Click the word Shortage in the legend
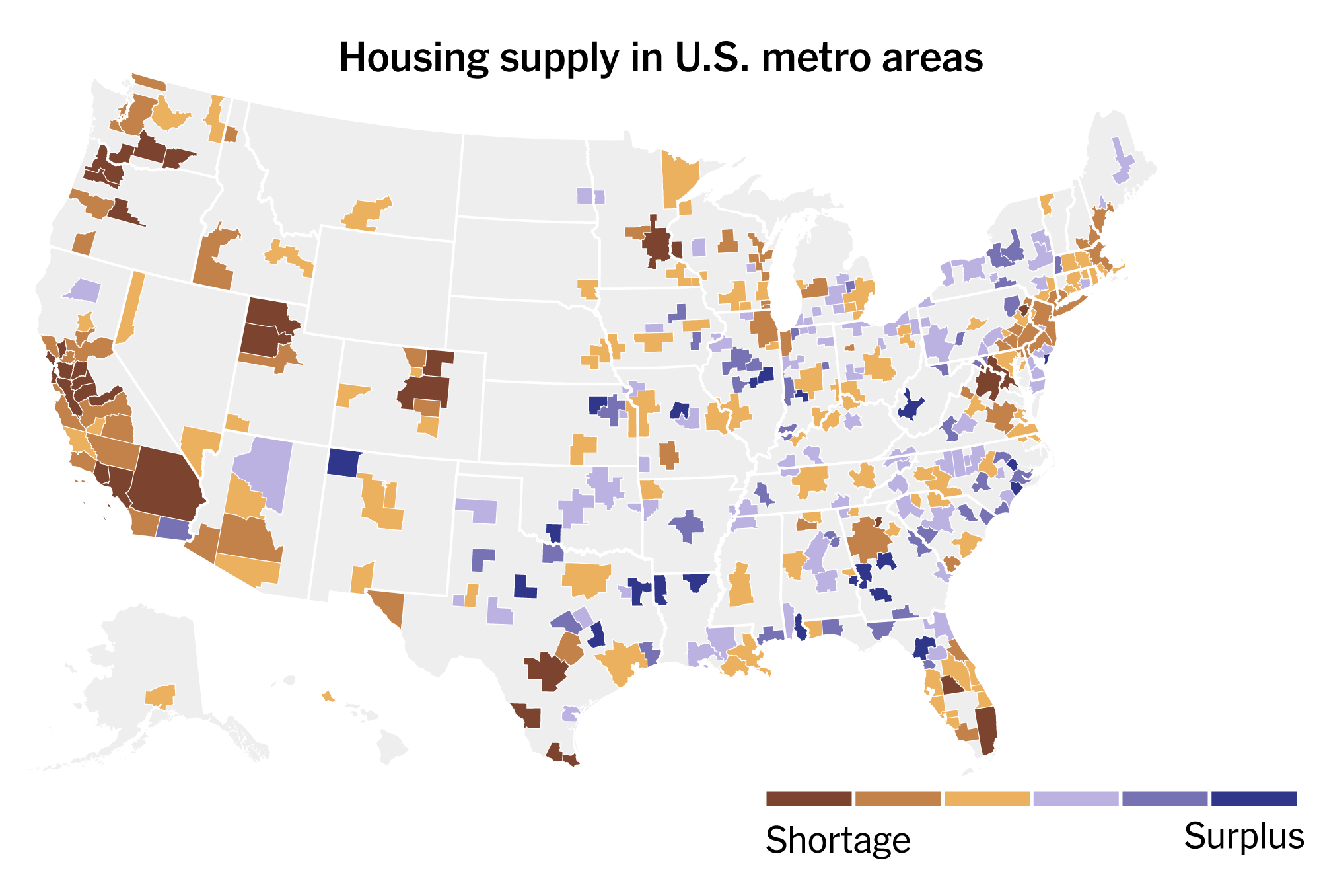click(838, 841)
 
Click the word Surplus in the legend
click(1244, 837)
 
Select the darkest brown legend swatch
click(808, 798)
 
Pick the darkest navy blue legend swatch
click(1254, 798)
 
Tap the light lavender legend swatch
click(1076, 798)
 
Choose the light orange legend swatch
click(987, 798)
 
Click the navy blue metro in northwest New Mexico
click(344, 462)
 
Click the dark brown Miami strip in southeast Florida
click(986, 730)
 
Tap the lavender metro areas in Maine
click(1121, 162)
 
